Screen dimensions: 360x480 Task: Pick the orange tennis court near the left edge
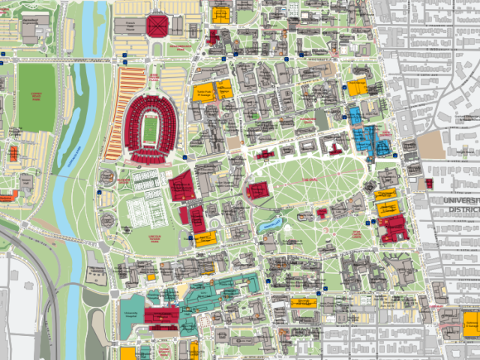(13, 153)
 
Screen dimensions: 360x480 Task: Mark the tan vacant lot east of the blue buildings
(429, 143)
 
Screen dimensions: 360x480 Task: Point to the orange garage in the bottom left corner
(128, 353)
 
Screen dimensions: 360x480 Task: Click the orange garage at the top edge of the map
(220, 13)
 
